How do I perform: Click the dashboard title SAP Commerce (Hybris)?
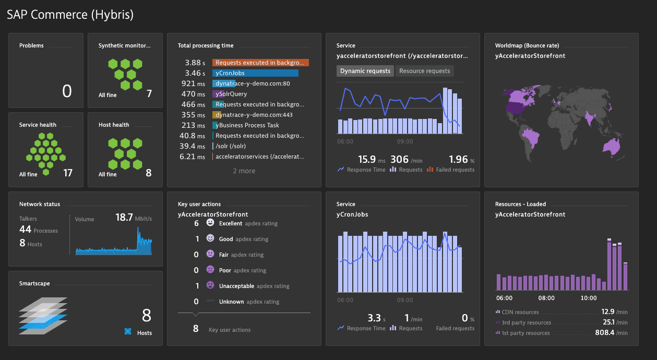point(70,15)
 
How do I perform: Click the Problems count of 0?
point(67,92)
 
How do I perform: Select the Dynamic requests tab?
point(365,71)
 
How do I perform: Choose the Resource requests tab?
point(424,71)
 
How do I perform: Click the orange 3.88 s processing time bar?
point(260,63)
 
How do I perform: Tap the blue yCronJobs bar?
point(255,73)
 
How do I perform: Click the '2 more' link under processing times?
point(244,171)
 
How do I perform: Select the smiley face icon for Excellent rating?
point(210,223)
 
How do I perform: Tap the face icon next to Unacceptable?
point(210,285)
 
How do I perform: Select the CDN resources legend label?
point(520,312)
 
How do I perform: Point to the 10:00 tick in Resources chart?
point(589,298)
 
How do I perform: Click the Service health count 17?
point(68,173)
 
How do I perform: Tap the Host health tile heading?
point(114,125)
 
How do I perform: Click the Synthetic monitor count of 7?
point(149,94)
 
